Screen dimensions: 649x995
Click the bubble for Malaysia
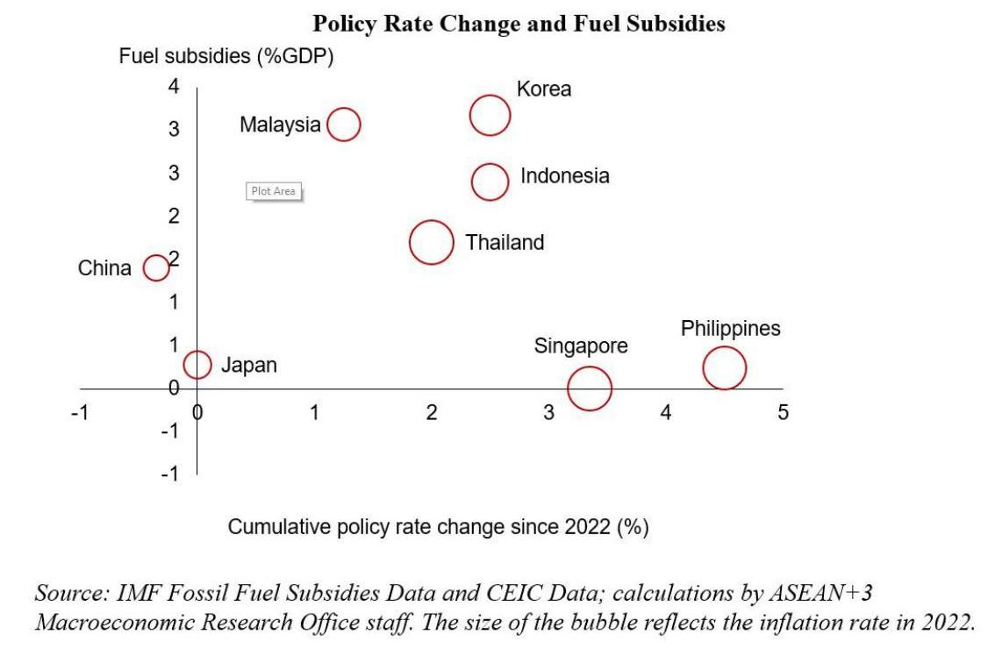344,125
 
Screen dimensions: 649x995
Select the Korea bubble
490,115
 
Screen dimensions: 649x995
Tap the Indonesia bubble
490,182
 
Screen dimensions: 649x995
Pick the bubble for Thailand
432,242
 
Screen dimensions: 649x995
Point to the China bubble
156,267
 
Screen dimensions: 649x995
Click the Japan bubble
197,364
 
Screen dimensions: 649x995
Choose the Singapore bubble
589,388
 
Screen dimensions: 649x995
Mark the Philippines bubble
724,367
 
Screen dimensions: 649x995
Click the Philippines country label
730,329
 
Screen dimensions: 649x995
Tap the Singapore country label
581,346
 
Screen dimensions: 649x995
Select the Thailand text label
505,243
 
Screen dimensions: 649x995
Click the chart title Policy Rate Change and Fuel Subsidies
519,24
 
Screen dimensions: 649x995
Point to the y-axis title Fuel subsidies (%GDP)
226,57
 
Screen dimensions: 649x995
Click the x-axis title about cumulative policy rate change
438,527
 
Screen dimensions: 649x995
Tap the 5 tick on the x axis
783,412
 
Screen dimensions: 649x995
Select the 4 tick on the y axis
174,86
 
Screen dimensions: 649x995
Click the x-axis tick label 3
548,412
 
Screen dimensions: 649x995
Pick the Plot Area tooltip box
274,191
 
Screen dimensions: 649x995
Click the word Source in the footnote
70,594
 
